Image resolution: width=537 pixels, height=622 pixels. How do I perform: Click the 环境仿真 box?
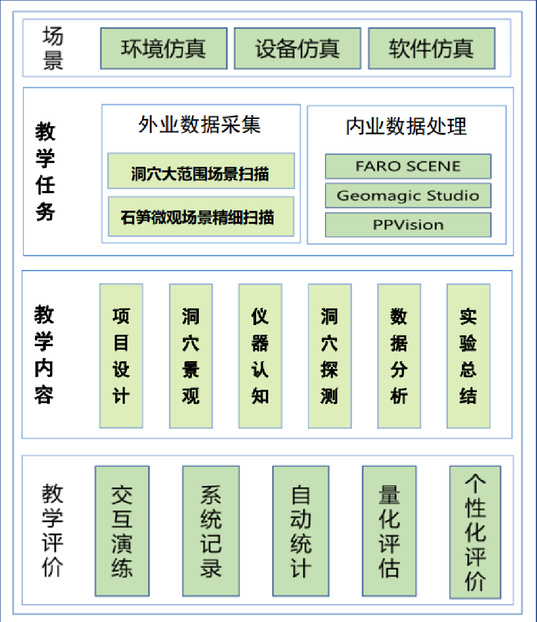tap(164, 48)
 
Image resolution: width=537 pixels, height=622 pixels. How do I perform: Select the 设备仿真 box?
tap(297, 48)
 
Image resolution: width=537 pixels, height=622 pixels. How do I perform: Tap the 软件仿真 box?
tap(432, 48)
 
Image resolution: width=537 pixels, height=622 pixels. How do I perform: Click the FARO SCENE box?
tap(408, 166)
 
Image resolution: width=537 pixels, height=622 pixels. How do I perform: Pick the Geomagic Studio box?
tap(408, 195)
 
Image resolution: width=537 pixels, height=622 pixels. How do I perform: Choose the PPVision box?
tap(408, 225)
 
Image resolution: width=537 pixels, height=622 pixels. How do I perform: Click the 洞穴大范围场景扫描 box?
tap(201, 171)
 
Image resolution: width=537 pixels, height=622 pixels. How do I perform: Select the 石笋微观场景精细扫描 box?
tap(201, 217)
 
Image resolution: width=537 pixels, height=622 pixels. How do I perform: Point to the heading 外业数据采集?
tap(199, 124)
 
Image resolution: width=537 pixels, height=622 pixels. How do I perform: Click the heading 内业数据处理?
tap(406, 126)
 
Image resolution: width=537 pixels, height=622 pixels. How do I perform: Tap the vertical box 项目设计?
tap(121, 356)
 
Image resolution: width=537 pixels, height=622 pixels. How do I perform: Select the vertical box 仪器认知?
tap(260, 356)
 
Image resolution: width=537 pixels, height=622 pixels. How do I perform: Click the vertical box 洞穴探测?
tap(330, 356)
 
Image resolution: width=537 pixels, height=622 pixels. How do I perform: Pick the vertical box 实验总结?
tap(468, 356)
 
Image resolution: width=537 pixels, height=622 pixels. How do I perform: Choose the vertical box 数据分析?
tap(399, 356)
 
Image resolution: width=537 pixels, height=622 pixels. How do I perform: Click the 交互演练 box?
tap(122, 531)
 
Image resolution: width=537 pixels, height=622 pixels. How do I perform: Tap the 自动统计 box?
tap(301, 531)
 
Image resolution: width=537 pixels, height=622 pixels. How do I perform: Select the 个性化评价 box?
tap(475, 532)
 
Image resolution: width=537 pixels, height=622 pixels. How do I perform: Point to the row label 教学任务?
tap(45, 171)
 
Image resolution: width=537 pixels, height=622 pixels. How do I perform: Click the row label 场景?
tap(53, 48)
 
